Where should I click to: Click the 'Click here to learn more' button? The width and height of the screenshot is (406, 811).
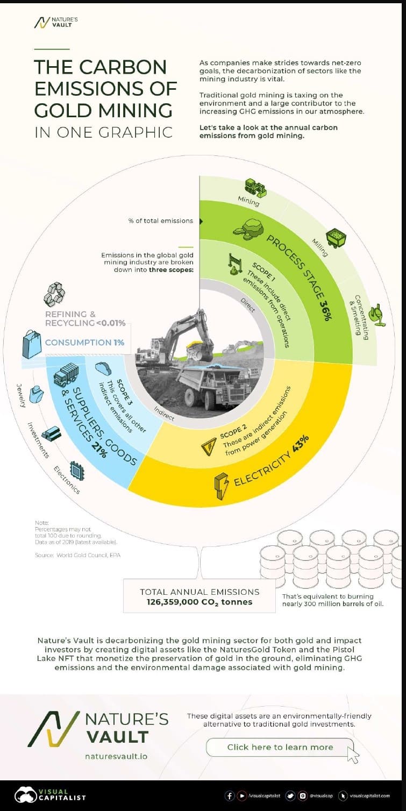pyautogui.click(x=280, y=747)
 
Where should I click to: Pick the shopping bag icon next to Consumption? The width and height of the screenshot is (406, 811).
pyautogui.click(x=31, y=344)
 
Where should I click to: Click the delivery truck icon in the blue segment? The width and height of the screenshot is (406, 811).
pyautogui.click(x=66, y=374)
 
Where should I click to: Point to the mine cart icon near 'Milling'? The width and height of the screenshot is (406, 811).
pyautogui.click(x=337, y=236)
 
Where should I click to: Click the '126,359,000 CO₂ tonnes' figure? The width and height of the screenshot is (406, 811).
pyautogui.click(x=200, y=602)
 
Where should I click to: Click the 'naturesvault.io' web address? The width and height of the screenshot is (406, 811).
pyautogui.click(x=116, y=756)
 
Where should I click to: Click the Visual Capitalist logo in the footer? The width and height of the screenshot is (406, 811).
pyautogui.click(x=51, y=795)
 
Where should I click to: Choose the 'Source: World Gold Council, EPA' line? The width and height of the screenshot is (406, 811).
pyautogui.click(x=77, y=554)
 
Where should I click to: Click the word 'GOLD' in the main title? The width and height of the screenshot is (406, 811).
pyautogui.click(x=61, y=109)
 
